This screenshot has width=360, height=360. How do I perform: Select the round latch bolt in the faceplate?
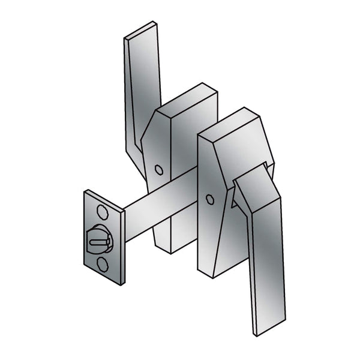pyautogui.click(x=100, y=238)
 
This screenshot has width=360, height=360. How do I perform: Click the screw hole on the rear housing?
pyautogui.click(x=158, y=170)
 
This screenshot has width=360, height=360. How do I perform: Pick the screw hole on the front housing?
pyautogui.click(x=209, y=199)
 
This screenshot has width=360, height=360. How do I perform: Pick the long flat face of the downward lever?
pyautogui.click(x=261, y=258)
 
